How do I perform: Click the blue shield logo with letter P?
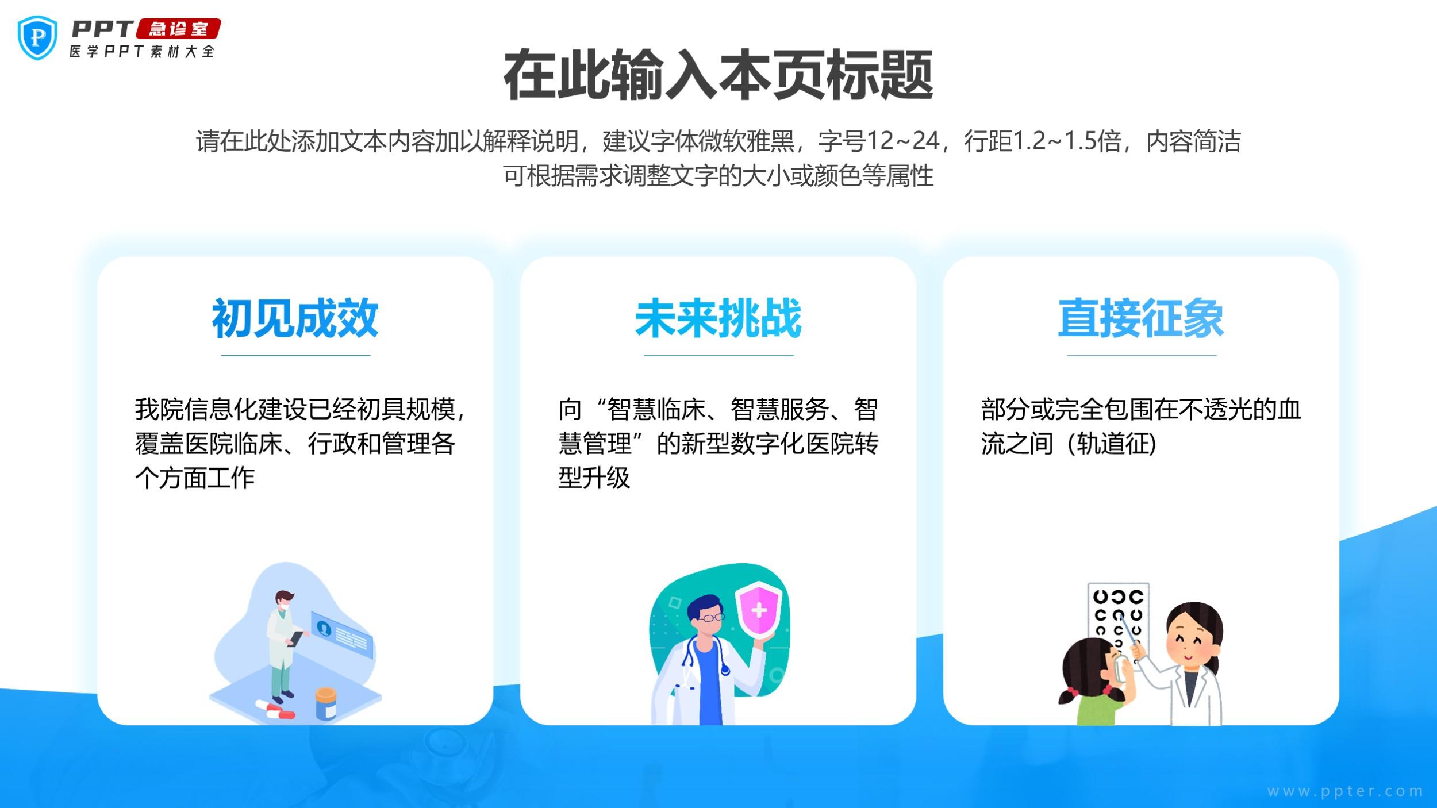[37, 38]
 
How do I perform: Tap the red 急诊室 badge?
[178, 29]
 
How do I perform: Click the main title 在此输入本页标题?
[718, 75]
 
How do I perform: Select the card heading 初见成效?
[295, 318]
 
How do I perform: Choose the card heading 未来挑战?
[718, 318]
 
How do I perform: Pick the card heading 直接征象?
[1141, 318]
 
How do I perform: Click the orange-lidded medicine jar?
[326, 703]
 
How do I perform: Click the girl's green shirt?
[1099, 710]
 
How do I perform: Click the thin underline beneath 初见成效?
[295, 355]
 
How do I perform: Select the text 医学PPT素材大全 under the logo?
[142, 51]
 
